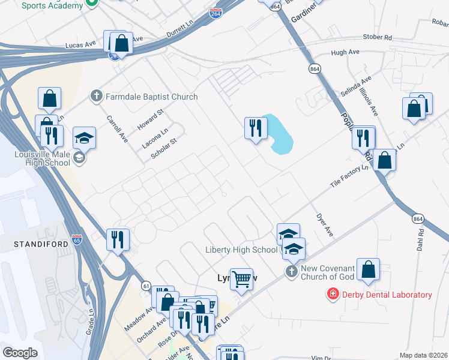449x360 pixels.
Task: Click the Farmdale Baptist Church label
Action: coord(152,96)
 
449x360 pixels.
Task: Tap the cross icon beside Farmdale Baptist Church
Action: coord(96,96)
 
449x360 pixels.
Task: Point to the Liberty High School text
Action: coord(241,250)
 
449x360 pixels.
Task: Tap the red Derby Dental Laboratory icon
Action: coord(331,294)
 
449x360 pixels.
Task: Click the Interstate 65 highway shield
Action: coord(76,238)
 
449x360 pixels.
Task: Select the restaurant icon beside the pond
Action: coord(256,128)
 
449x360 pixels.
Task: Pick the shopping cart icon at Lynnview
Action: coord(241,278)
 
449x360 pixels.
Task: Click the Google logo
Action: coord(20,352)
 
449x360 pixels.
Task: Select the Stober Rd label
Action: coord(377,38)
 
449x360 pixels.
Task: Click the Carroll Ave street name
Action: coord(117,128)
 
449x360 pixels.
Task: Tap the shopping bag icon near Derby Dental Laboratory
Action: coord(368,269)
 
